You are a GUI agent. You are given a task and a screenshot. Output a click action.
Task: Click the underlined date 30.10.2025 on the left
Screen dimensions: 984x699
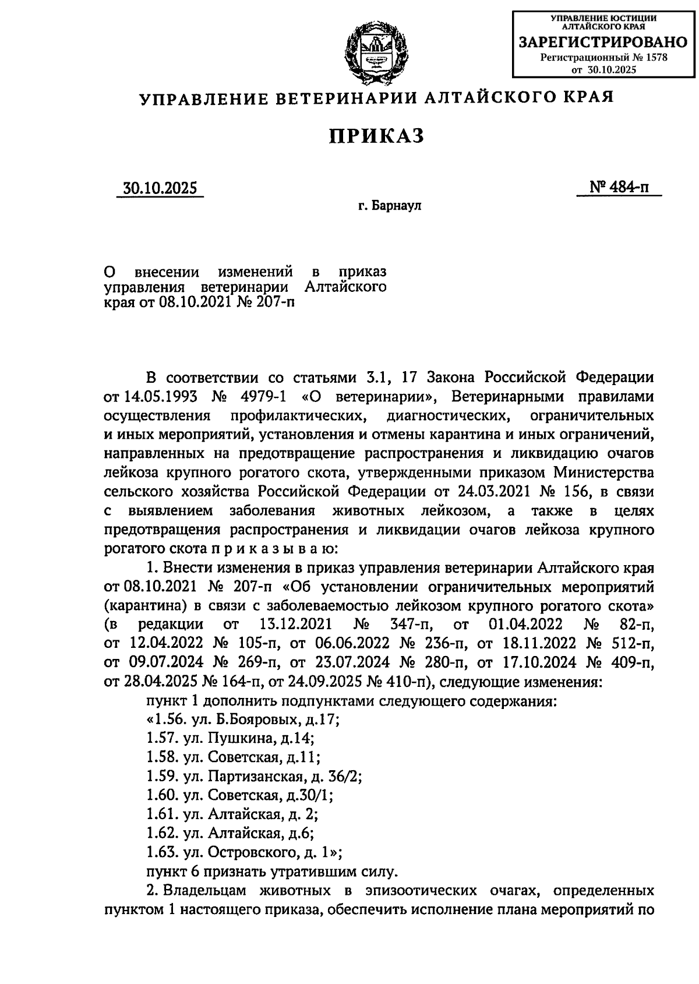tap(160, 189)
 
